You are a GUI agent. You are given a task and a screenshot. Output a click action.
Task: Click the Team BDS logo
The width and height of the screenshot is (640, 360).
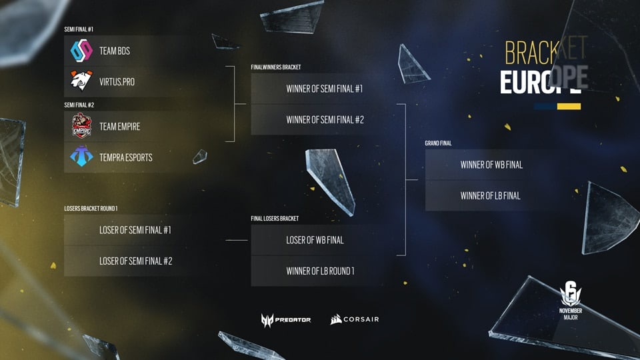click(x=81, y=51)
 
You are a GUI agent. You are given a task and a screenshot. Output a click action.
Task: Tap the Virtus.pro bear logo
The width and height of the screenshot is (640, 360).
click(x=81, y=81)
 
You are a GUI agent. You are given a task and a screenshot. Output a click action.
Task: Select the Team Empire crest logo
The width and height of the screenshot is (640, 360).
click(x=81, y=126)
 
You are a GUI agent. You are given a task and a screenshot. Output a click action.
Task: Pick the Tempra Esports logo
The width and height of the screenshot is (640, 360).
click(x=81, y=156)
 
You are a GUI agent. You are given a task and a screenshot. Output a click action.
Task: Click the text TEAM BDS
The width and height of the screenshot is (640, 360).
click(x=115, y=51)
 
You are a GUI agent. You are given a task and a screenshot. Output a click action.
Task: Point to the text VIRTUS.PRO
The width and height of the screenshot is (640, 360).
click(x=117, y=82)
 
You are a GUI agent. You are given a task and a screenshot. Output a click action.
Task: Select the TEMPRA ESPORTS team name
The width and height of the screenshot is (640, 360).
click(x=126, y=157)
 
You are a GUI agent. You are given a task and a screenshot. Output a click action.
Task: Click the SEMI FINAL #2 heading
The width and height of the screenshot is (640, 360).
click(x=79, y=105)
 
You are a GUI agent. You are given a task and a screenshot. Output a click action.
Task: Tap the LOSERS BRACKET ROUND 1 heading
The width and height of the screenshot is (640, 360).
click(x=91, y=209)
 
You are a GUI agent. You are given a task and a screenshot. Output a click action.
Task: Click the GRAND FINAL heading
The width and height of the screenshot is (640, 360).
click(x=438, y=143)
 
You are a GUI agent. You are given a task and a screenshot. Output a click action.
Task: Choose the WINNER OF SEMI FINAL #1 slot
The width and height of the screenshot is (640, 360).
click(x=319, y=89)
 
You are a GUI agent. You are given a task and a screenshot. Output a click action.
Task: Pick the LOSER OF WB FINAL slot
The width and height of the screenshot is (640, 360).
click(x=319, y=240)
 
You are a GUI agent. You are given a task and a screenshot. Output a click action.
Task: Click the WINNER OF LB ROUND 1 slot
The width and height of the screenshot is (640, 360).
click(x=319, y=271)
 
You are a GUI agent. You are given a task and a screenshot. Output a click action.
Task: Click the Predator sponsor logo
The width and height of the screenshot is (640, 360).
click(x=286, y=320)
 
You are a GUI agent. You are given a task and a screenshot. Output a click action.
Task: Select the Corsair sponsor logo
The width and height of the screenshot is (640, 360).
click(x=354, y=319)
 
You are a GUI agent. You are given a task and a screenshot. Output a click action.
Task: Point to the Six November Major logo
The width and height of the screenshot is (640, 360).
click(x=570, y=301)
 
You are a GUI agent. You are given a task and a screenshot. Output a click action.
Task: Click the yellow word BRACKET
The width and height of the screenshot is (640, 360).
click(x=546, y=51)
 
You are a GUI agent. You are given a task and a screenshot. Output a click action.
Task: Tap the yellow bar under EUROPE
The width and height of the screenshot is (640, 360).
click(x=569, y=107)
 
